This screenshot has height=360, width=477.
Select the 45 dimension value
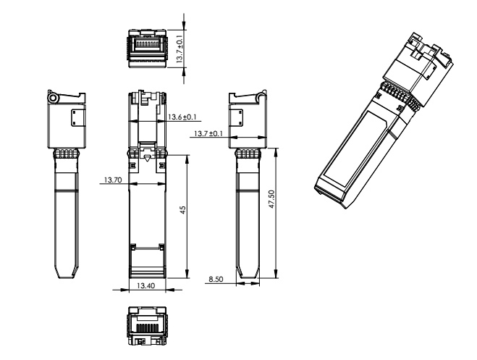183,209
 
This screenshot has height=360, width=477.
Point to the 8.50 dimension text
215,277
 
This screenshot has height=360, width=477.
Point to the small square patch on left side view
76,118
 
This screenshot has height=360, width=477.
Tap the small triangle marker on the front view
147,158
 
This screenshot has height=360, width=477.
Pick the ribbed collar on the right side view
246,154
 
